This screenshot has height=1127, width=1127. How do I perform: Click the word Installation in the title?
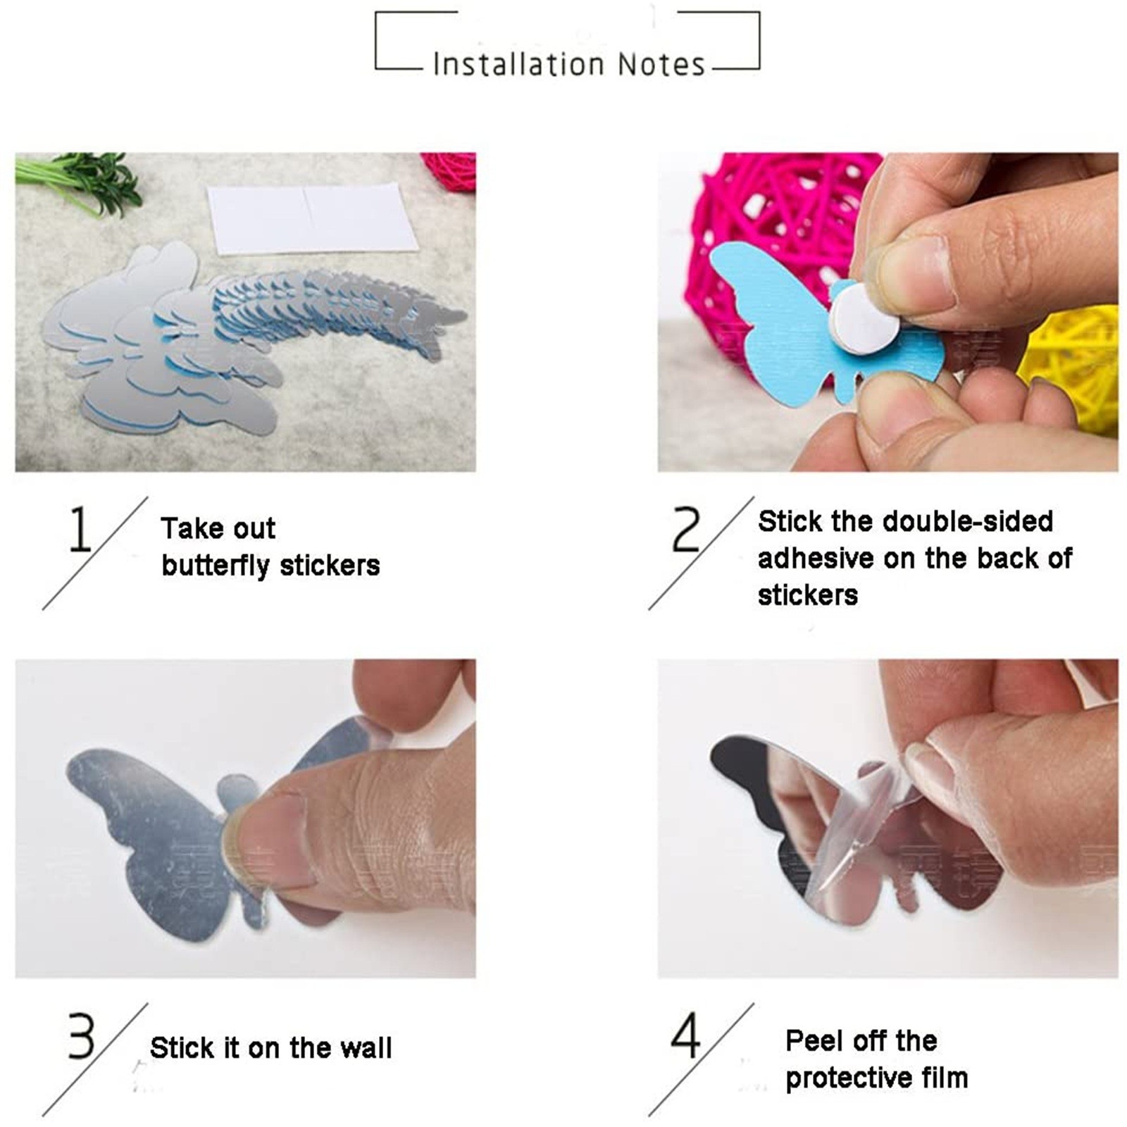coord(518,64)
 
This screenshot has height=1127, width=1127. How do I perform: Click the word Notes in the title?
coord(661,64)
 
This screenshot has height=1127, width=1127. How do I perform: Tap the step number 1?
coord(80,529)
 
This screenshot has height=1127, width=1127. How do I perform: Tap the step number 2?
coord(686,529)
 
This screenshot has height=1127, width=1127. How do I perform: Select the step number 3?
coord(80,1035)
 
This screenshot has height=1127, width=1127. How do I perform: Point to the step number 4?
coord(686,1035)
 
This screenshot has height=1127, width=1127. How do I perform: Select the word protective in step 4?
coord(838,1078)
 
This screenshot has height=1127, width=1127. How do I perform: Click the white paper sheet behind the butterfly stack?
coord(313,218)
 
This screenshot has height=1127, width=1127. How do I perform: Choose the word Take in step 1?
coord(191,528)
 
